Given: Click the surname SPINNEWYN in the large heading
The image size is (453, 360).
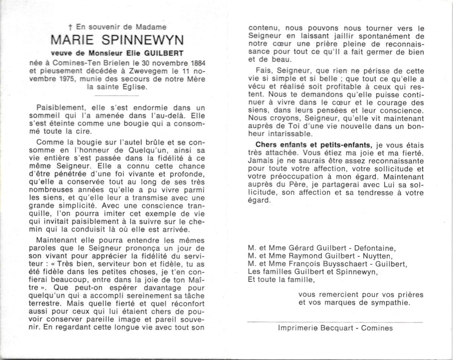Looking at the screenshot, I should click(x=143, y=40).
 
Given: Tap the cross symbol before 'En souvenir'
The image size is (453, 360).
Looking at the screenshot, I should click(x=70, y=27).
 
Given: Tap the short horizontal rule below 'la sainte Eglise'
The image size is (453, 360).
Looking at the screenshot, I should click(x=117, y=96).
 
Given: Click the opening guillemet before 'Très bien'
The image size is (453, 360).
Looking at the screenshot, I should click(x=52, y=264).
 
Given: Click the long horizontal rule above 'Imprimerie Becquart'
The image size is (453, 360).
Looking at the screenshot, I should click(x=335, y=322).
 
